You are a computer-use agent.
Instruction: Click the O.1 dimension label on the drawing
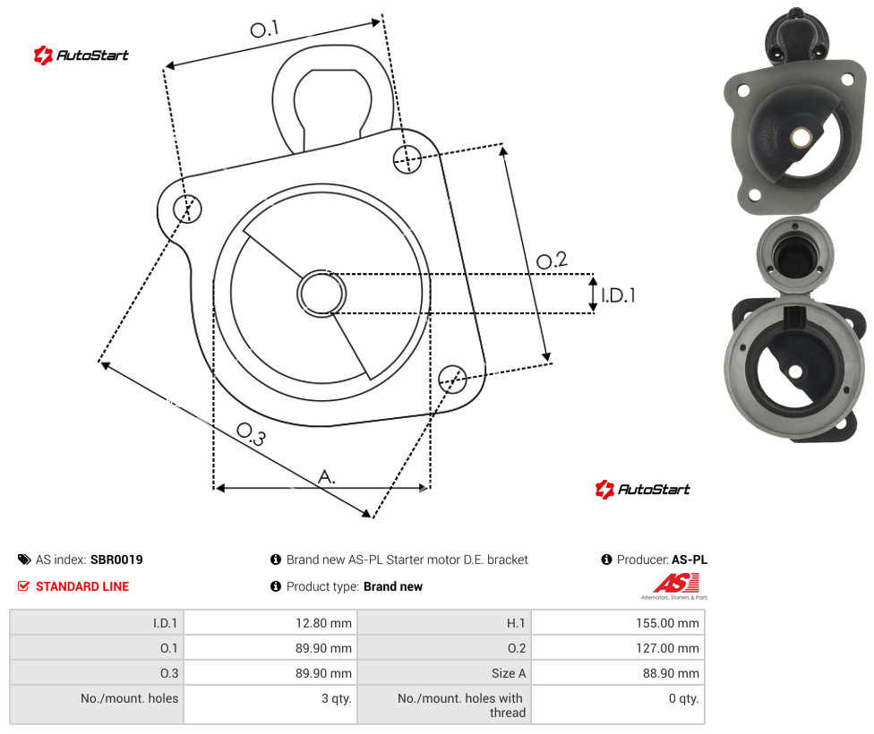click(264, 29)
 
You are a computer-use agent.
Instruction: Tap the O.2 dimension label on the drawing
click(552, 260)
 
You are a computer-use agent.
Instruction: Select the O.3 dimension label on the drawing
click(252, 434)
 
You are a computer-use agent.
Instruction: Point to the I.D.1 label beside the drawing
click(618, 294)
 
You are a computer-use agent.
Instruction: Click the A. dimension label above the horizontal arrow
click(327, 477)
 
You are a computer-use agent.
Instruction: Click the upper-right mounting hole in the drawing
click(407, 158)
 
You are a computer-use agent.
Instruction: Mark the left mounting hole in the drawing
click(187, 209)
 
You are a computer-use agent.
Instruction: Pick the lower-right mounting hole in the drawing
click(452, 379)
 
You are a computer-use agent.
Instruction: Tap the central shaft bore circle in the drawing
click(321, 294)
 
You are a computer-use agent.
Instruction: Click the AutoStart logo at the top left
click(81, 55)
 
